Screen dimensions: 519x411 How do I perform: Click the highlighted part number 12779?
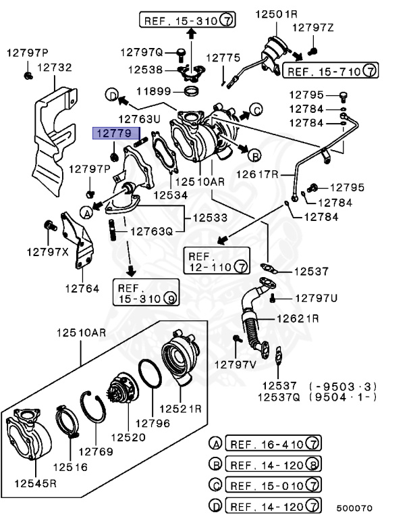point(112,134)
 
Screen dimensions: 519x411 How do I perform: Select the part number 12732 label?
point(55,68)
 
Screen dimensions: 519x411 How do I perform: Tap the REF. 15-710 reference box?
point(330,70)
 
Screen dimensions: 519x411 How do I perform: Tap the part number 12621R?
point(297,318)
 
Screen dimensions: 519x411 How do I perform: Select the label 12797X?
point(48,251)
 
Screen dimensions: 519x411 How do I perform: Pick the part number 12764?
point(82,288)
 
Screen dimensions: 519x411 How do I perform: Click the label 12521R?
point(181,409)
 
